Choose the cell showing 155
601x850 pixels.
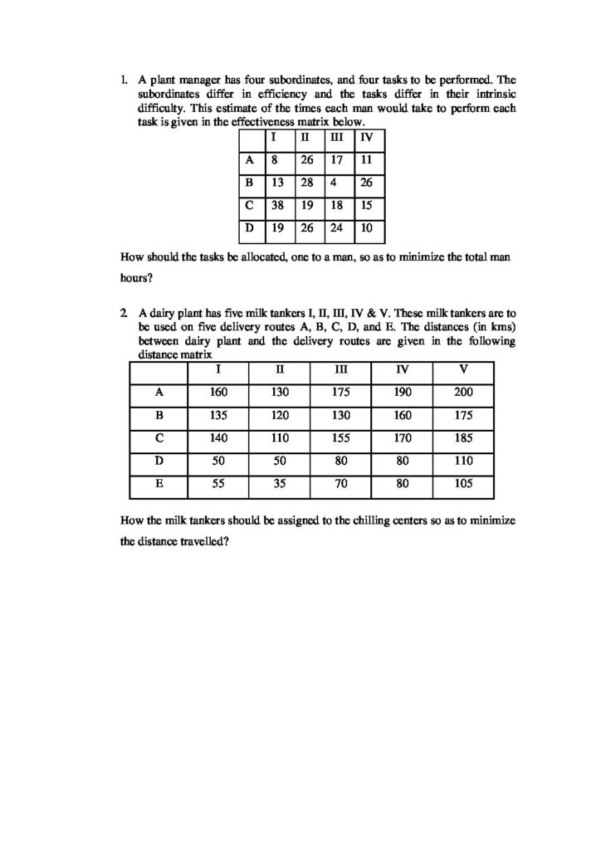tap(340, 437)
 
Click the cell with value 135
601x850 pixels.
tap(218, 416)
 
